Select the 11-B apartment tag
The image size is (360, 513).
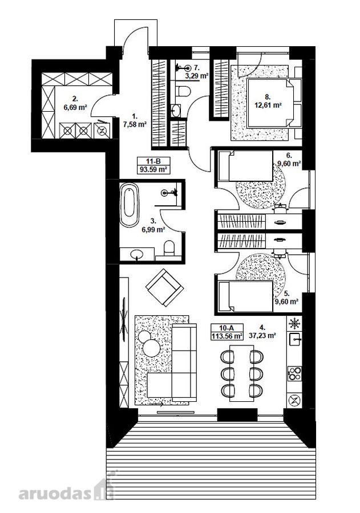153,161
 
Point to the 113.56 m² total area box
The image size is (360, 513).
226,336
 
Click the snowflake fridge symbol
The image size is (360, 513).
294,324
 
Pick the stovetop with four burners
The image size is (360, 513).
294,373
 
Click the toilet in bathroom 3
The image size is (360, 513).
169,249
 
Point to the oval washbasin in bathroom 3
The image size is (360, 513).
137,254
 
